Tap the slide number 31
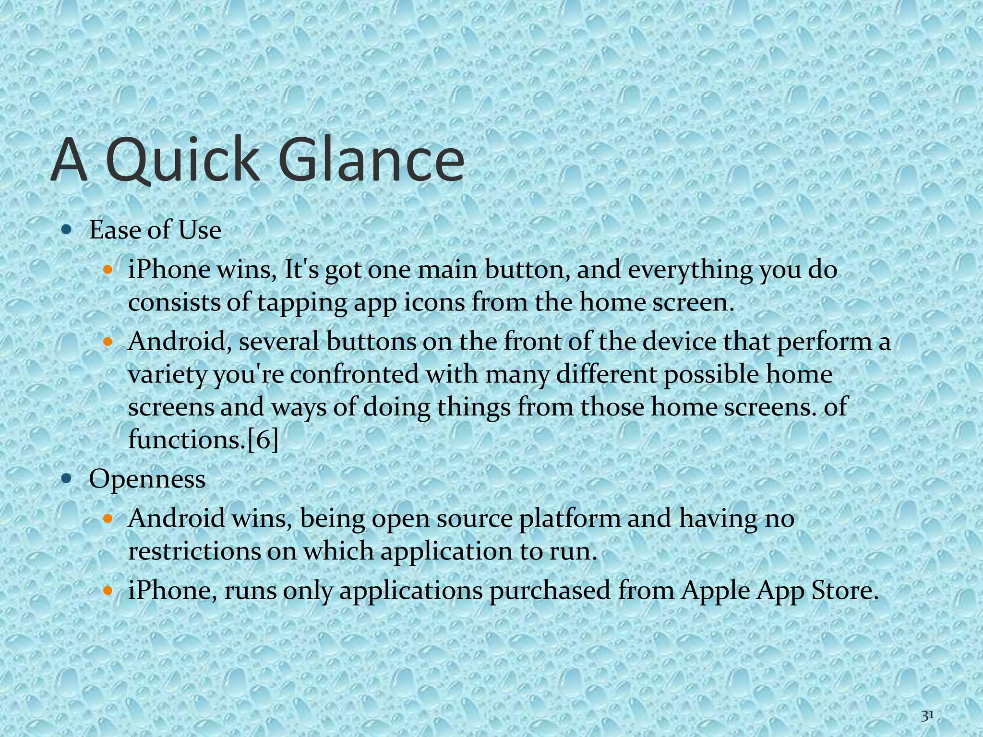pos(927,716)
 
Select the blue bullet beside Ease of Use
pos(67,229)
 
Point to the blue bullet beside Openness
pos(67,478)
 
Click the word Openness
pos(147,479)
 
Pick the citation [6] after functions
pos(263,440)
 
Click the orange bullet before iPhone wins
pos(108,269)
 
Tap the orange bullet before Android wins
pos(108,518)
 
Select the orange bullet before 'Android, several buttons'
pos(108,342)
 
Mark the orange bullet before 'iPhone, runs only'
pos(108,590)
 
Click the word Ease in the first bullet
pos(113,230)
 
